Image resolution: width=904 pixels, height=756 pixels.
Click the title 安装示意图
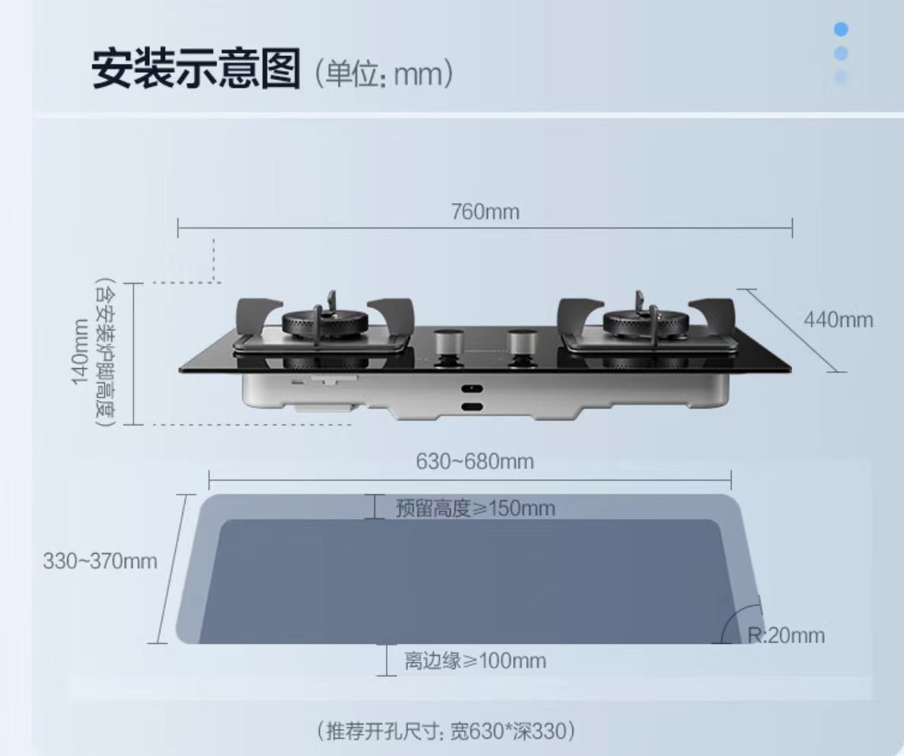click(196, 70)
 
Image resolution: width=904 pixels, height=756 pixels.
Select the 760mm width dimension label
click(485, 212)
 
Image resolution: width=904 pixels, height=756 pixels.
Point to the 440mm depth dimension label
click(838, 319)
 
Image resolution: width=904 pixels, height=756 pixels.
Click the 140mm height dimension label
click(80, 352)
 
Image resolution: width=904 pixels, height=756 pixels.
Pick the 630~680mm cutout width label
click(475, 461)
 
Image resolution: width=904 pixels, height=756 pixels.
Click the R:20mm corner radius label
click(785, 635)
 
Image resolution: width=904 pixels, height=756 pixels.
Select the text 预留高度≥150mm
click(475, 508)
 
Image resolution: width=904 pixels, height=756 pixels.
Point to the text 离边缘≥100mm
click(475, 660)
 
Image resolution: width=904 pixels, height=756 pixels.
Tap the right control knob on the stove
click(521, 344)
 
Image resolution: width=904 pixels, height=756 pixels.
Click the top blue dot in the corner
click(841, 30)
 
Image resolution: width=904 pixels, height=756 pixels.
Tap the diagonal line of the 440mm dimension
click(790, 330)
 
